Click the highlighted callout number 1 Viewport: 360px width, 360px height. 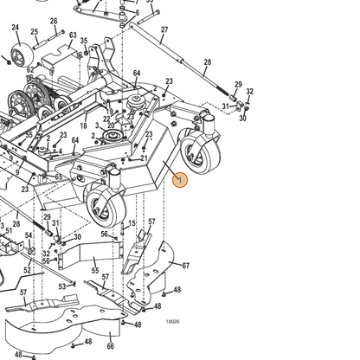(180, 180)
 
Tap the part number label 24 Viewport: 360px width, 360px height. (16, 28)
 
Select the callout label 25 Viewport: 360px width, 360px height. (35, 32)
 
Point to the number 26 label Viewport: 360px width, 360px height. (54, 21)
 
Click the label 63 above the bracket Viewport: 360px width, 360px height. (73, 35)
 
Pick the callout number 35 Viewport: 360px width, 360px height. (84, 41)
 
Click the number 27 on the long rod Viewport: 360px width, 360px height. (164, 29)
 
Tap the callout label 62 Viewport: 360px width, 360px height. (30, 69)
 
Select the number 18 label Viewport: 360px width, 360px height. (83, 125)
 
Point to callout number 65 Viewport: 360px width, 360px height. (59, 177)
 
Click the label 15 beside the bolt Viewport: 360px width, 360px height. (132, 223)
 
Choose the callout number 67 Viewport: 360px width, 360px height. (186, 266)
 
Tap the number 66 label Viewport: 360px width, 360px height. (111, 346)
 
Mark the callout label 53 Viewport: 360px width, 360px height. (62, 286)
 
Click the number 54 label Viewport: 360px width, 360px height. (29, 235)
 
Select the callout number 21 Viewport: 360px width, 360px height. (144, 158)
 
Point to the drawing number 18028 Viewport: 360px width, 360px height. (172, 322)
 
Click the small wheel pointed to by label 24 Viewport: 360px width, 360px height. (22, 56)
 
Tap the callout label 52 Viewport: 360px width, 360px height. (27, 270)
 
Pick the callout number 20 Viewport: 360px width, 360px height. (111, 125)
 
